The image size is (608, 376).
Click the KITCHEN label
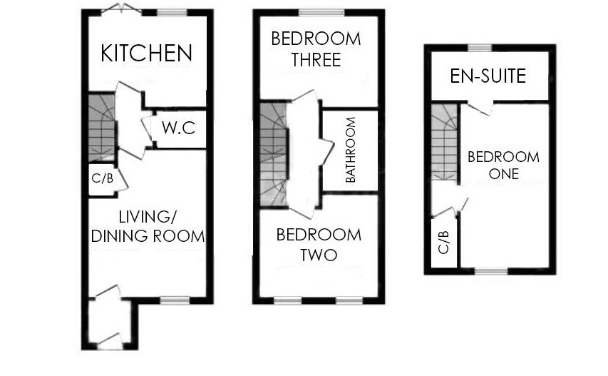pyautogui.click(x=147, y=54)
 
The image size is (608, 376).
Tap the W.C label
pyautogui.click(x=179, y=128)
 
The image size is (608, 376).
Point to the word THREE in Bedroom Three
pyautogui.click(x=316, y=60)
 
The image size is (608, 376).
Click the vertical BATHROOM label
pyautogui.click(x=351, y=150)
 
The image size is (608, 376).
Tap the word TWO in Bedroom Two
pyautogui.click(x=319, y=255)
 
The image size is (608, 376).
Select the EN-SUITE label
pyautogui.click(x=488, y=76)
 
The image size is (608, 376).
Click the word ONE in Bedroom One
pyautogui.click(x=504, y=174)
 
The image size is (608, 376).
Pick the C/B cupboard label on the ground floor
pyautogui.click(x=103, y=178)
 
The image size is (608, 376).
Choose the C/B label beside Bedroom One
pyautogui.click(x=443, y=242)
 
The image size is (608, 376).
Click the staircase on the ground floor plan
pyautogui.click(x=102, y=128)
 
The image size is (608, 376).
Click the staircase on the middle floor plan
pyautogui.click(x=274, y=154)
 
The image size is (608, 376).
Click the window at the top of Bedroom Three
pyautogui.click(x=322, y=13)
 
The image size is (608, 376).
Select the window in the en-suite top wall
pyautogui.click(x=480, y=48)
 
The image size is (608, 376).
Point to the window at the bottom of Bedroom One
pyautogui.click(x=491, y=271)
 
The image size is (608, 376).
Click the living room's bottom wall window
pyautogui.click(x=175, y=300)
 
